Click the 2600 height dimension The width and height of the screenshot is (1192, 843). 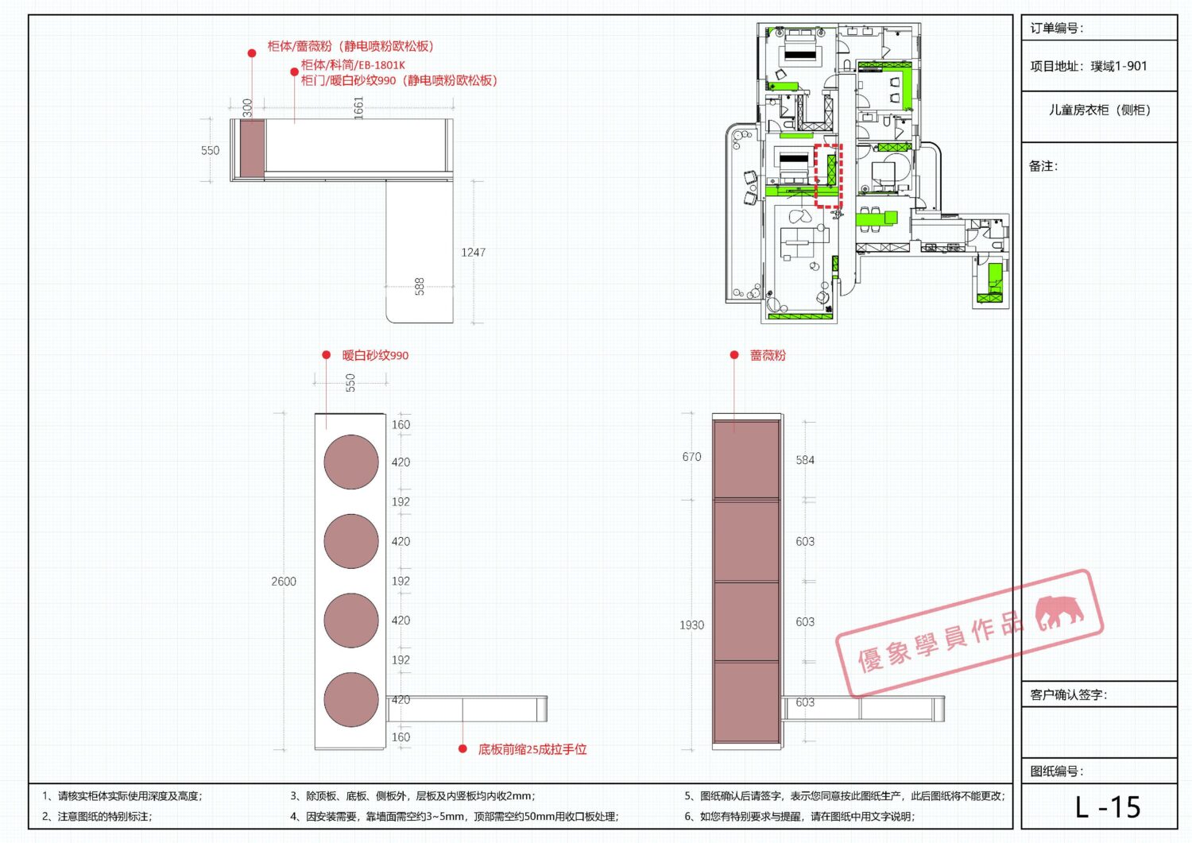click(284, 581)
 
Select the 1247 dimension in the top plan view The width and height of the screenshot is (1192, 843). click(473, 252)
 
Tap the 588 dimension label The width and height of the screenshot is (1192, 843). click(420, 286)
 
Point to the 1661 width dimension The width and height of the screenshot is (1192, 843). click(358, 107)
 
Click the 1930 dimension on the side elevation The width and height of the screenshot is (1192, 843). click(692, 625)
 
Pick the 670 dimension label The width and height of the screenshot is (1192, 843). click(692, 457)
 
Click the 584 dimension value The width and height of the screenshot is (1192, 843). click(805, 460)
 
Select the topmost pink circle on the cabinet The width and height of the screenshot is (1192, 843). click(351, 462)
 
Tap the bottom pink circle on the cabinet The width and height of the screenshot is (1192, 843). click(351, 699)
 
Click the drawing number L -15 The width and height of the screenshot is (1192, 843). click(1108, 806)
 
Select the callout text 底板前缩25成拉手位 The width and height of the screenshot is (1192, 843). click(532, 749)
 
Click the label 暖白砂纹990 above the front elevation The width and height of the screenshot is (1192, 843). click(375, 355)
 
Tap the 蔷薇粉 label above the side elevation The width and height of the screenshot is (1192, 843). click(768, 355)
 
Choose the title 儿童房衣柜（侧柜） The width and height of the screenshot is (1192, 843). click(1099, 110)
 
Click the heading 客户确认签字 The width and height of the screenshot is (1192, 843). click(1069, 694)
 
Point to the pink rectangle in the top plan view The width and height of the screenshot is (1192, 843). click(252, 149)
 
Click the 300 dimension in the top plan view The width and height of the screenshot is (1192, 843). click(247, 107)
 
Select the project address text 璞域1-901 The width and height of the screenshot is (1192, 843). click(1117, 66)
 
